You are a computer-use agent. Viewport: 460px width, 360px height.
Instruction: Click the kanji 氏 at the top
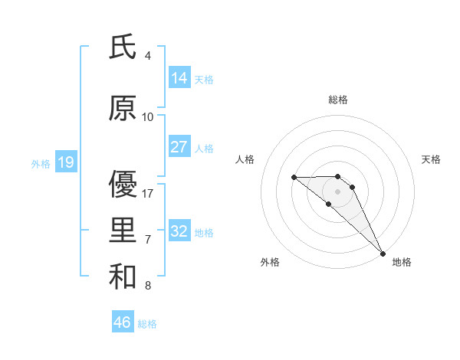[123, 47]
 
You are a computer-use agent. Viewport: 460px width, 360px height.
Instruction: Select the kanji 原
[123, 110]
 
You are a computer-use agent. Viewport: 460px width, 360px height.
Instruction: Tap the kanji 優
[123, 185]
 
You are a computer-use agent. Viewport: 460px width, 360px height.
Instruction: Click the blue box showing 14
[179, 78]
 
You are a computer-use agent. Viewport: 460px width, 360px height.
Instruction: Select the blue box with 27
[179, 147]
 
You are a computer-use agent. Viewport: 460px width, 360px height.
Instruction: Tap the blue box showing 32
[179, 231]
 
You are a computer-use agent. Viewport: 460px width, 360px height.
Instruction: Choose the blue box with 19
[65, 162]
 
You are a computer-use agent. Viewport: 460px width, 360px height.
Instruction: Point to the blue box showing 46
[123, 322]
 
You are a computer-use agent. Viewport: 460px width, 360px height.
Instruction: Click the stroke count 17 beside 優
[149, 194]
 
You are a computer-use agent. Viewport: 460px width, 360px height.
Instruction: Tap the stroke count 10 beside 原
[148, 117]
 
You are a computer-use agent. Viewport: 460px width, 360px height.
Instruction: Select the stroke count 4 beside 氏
[148, 56]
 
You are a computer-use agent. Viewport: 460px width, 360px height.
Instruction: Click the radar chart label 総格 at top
[338, 100]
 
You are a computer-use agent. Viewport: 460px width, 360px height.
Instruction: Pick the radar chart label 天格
[432, 159]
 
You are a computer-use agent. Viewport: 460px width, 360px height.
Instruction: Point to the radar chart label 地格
[402, 263]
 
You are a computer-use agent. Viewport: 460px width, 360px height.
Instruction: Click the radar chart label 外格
[270, 263]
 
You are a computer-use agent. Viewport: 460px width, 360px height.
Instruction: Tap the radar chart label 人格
[245, 159]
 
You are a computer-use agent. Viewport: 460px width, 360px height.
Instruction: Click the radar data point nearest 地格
[383, 253]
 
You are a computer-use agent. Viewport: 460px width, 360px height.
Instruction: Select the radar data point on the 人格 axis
[294, 178]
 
